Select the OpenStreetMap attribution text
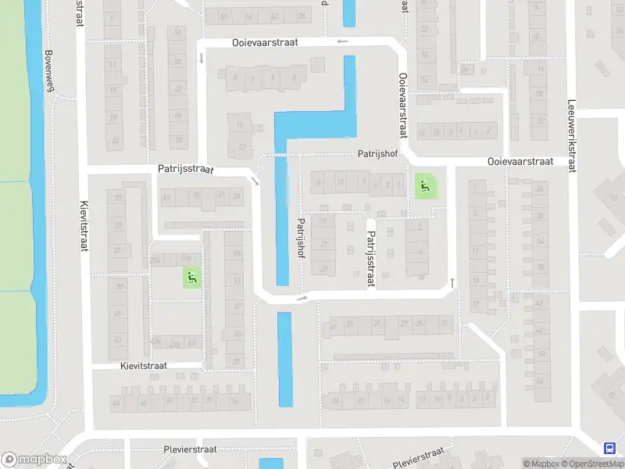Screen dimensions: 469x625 [591, 464]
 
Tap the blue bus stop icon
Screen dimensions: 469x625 [609, 448]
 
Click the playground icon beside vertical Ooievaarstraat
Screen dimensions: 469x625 [424, 186]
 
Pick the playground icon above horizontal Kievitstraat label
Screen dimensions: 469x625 [191, 277]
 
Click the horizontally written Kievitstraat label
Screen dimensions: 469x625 [150, 366]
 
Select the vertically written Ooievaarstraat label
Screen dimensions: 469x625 [404, 106]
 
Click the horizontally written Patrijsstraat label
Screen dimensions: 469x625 [185, 168]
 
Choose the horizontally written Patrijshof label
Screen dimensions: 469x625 [378, 155]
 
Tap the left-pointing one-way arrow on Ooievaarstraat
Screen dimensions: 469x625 [341, 42]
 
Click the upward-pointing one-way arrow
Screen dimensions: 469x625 [452, 281]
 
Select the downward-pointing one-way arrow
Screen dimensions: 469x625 [202, 58]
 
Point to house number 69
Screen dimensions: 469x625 [166, 197]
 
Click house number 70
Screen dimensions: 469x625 [178, 141]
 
